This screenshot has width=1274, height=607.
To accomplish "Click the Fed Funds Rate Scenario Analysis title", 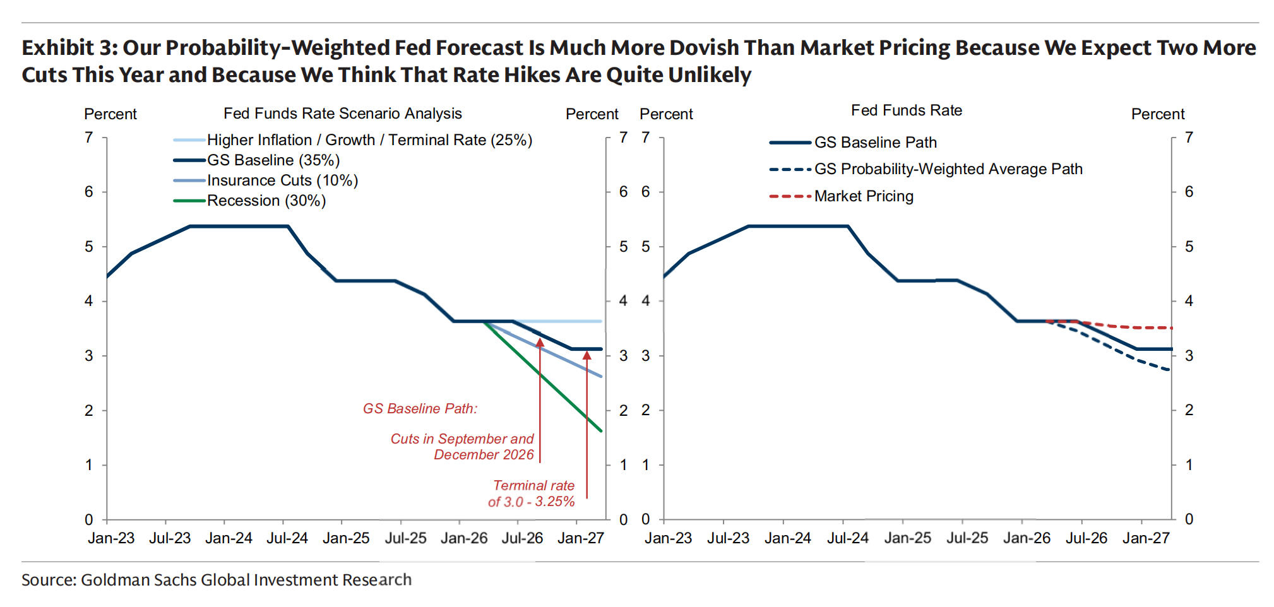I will coord(342,114).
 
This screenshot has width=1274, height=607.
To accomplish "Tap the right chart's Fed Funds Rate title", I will coord(906,110).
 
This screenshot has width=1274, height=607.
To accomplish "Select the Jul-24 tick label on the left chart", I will coord(287,538).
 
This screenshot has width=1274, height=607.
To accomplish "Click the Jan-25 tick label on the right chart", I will coord(907,538).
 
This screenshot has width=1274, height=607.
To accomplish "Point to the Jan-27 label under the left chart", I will coord(580,538).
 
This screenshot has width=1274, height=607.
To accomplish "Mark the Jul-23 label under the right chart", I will coord(727,538).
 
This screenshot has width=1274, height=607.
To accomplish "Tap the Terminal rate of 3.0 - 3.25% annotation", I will coord(532,493).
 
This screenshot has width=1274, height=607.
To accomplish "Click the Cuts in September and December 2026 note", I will coord(462,447).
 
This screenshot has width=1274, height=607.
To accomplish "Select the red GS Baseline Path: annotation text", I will coord(420,409).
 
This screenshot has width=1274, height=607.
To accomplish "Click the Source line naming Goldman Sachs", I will coord(216,580).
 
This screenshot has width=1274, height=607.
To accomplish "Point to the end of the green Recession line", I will coord(601,430).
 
